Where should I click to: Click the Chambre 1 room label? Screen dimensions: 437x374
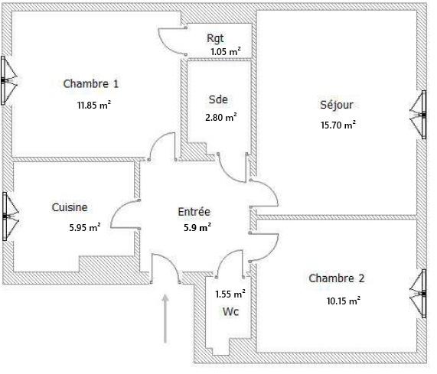coord(91,84)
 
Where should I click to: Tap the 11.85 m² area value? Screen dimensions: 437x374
coord(94,106)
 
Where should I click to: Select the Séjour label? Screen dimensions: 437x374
coord(337,105)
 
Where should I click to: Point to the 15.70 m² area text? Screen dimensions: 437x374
coord(338,125)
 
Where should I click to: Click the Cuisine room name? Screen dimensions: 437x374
coord(70,207)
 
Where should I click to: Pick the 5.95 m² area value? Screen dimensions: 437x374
coord(85,227)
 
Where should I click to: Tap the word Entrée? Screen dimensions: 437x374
coord(194,212)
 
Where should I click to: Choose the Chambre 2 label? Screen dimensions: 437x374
coord(337,278)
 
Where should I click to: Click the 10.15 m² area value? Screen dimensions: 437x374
coord(344,301)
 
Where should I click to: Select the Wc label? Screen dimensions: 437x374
coord(231,311)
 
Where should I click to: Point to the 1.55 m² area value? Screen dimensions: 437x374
coord(230,294)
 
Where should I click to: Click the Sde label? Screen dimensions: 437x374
coord(218,99)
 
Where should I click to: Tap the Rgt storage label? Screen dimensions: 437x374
coord(215,38)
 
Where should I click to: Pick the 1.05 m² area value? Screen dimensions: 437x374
coord(226,51)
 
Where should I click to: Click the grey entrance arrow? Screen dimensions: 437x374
coord(165,319)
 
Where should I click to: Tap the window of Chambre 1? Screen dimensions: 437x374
coord(8,80)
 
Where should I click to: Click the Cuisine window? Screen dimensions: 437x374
coord(10,216)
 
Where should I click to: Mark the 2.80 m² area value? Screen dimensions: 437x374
coord(221,117)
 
